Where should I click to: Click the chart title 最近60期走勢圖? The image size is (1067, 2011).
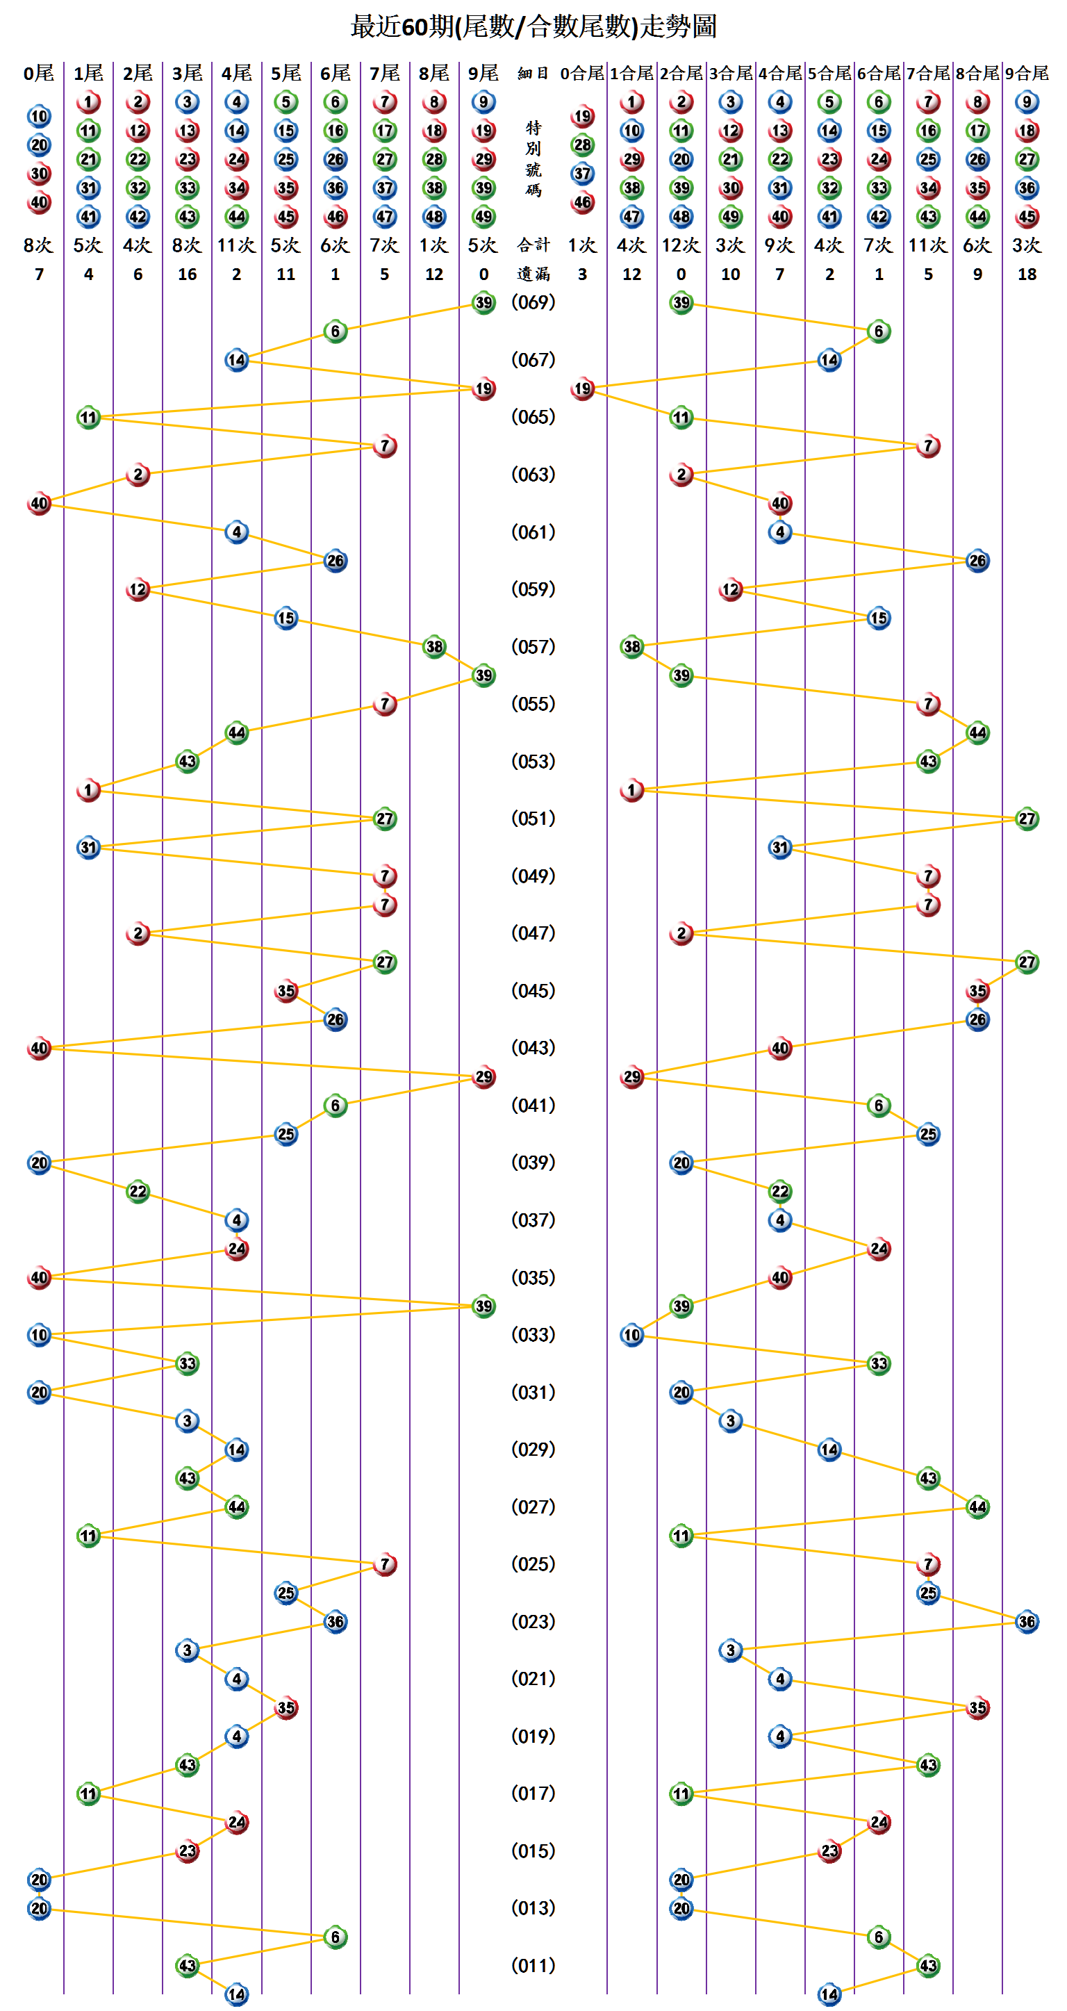[x=533, y=26]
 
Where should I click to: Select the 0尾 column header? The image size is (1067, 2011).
[x=39, y=74]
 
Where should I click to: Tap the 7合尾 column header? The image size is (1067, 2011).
[x=928, y=74]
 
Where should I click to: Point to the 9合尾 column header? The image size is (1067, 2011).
[x=1027, y=74]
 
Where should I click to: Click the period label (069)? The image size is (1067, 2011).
[x=533, y=302]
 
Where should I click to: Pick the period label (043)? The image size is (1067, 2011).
[x=533, y=1048]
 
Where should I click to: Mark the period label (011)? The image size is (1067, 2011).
[x=533, y=1965]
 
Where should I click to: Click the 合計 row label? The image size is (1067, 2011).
[x=533, y=245]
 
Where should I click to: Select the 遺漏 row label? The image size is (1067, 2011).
[x=533, y=274]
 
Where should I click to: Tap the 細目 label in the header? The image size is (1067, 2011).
[x=533, y=74]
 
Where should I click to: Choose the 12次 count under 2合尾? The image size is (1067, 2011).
[x=681, y=245]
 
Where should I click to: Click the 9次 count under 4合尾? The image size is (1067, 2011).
[x=779, y=245]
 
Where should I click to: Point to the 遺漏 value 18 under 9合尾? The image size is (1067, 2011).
[x=1027, y=274]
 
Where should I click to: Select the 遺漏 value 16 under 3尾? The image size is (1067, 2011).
[x=188, y=274]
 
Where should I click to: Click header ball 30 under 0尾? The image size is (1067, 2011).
[x=39, y=173]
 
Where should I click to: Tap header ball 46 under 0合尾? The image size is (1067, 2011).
[x=582, y=202]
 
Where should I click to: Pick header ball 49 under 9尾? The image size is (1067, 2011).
[x=484, y=216]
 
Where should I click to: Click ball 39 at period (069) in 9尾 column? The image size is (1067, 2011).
[x=484, y=303]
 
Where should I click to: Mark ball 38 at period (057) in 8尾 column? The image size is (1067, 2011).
[x=434, y=646]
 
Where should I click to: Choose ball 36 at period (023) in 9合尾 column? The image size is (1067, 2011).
[x=1027, y=1621]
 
